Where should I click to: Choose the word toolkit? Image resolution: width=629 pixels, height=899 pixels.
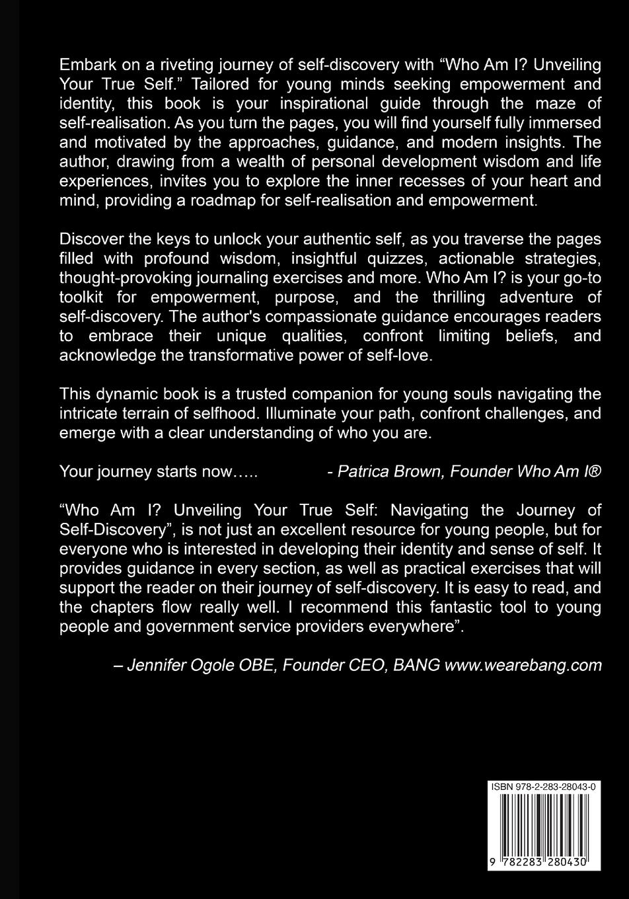click(83, 297)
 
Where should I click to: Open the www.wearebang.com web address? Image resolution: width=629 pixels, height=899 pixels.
click(523, 664)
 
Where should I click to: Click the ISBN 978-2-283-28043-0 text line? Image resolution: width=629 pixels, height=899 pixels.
click(543, 787)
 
